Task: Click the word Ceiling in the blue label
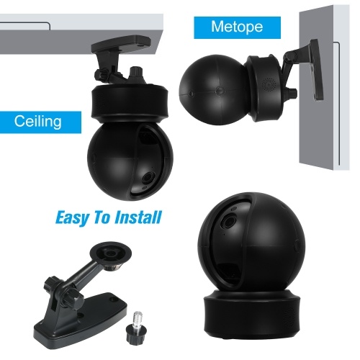(37, 121)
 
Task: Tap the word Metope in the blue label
(237, 27)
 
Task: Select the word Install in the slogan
(138, 217)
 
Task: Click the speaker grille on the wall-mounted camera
(269, 84)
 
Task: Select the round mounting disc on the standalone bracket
(111, 253)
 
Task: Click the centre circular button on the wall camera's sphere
(220, 91)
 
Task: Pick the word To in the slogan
(102, 217)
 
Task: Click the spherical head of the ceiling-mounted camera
(130, 161)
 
